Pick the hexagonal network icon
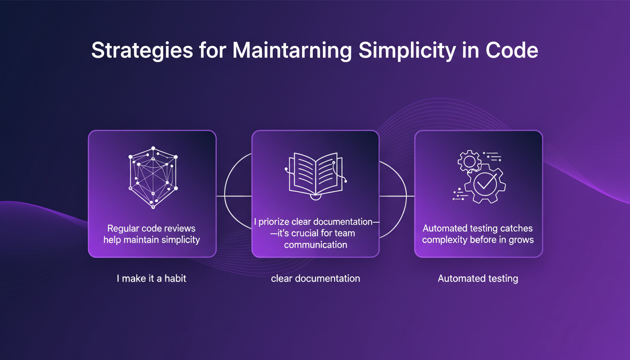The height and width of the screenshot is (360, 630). point(153,178)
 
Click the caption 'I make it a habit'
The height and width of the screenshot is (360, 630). point(151,278)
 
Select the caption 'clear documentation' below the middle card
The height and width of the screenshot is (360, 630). point(315,278)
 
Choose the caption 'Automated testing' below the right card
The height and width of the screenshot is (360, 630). point(478,278)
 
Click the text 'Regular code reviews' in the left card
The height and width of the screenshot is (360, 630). point(151,229)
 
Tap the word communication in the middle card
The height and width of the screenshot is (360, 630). point(315,245)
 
